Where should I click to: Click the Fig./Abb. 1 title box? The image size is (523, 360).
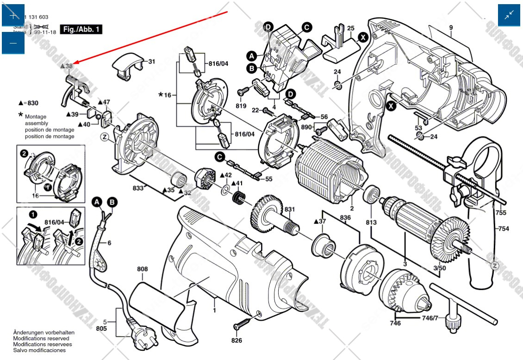click(81, 29)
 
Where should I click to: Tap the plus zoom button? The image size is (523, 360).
click(13, 15)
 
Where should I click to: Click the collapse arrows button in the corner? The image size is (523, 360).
click(509, 15)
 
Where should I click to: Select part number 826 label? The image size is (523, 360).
click(237, 341)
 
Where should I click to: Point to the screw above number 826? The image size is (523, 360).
click(243, 322)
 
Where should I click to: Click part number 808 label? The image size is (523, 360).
click(142, 269)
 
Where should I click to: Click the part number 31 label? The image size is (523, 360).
click(152, 62)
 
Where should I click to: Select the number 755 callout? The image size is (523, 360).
click(501, 213)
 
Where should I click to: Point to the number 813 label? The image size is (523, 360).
click(371, 222)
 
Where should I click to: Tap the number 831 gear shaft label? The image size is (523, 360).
click(289, 210)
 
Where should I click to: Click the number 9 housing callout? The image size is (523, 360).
click(450, 28)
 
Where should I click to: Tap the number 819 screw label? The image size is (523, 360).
click(241, 106)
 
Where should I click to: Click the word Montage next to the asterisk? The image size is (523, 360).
click(35, 117)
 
